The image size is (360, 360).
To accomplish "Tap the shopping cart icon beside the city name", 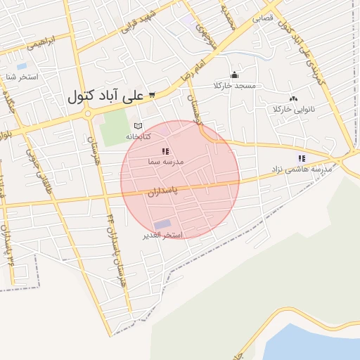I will [151, 94].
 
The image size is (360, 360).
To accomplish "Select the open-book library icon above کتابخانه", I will [137, 125].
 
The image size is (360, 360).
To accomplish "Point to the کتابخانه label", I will [139, 135].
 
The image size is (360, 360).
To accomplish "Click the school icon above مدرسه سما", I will [165, 151].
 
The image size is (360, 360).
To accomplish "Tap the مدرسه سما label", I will [165, 162].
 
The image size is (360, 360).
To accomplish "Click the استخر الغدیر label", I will [163, 235].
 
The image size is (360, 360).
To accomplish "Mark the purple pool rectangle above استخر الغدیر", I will [162, 225].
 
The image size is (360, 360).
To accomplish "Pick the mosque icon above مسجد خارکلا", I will [234, 75].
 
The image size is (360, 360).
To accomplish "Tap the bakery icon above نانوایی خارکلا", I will [293, 98].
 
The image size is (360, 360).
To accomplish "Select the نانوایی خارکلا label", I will [294, 110].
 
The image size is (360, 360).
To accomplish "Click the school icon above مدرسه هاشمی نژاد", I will [302, 158].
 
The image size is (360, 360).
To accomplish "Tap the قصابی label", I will [263, 18].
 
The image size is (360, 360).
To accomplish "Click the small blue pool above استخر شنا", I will [21, 66].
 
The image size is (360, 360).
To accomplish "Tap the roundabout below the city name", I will [88, 113].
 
